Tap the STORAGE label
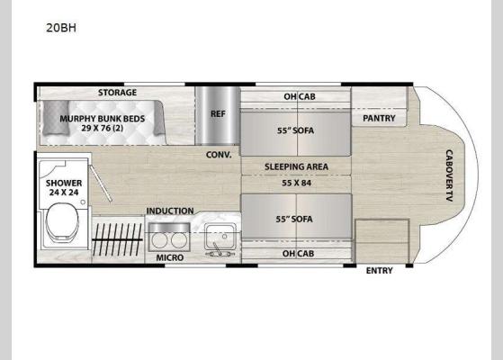click(x=117, y=93)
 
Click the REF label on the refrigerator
click(x=218, y=113)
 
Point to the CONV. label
click(x=219, y=154)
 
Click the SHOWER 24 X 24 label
click(x=64, y=188)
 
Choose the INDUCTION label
click(x=170, y=211)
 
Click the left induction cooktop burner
click(x=158, y=239)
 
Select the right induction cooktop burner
click(x=179, y=239)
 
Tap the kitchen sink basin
click(x=219, y=238)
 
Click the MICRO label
click(x=170, y=258)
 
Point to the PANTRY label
click(x=380, y=117)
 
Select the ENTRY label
click(x=379, y=270)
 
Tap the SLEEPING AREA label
click(x=295, y=167)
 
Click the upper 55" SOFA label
click(x=295, y=130)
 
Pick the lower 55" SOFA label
click(x=295, y=218)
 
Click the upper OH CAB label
click(x=296, y=95)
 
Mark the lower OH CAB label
click(x=296, y=253)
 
